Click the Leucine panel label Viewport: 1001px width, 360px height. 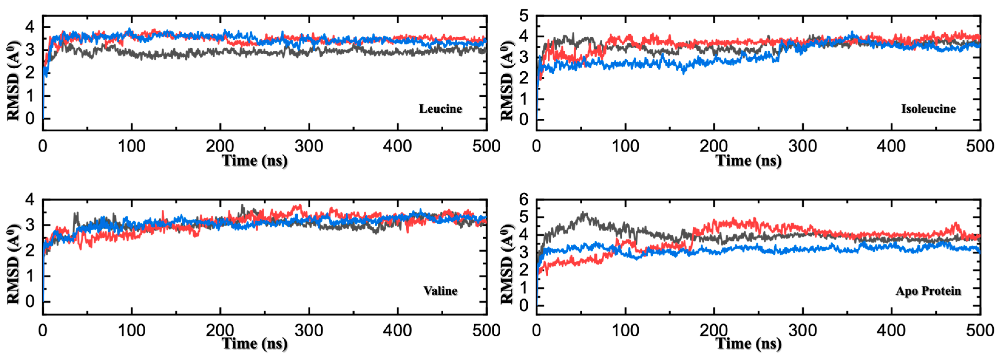pyautogui.click(x=440, y=109)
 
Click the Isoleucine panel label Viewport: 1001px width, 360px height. pyautogui.click(x=928, y=109)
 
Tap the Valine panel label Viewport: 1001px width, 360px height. pyautogui.click(x=440, y=291)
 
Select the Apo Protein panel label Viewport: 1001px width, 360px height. pyautogui.click(x=928, y=291)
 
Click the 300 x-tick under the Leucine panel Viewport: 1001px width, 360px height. pyautogui.click(x=309, y=147)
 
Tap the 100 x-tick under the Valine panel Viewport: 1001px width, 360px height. pyautogui.click(x=131, y=331)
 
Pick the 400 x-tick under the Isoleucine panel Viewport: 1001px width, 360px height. pyautogui.click(x=891, y=147)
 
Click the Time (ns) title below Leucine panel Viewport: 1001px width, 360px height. pyautogui.click(x=255, y=161)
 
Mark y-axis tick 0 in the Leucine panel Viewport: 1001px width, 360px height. pyautogui.click(x=30, y=119)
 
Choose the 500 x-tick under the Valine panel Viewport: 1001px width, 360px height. pyautogui.click(x=486, y=331)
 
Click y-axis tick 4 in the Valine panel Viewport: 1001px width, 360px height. pyautogui.click(x=30, y=199)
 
